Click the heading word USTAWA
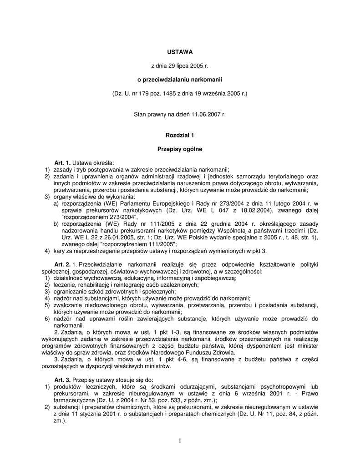[x=180, y=52]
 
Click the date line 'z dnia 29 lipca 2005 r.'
[x=180, y=66]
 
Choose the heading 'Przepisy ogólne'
[x=180, y=149]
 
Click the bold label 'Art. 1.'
[x=63, y=162]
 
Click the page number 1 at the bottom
[x=180, y=441]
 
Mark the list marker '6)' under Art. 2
[x=47, y=319]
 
